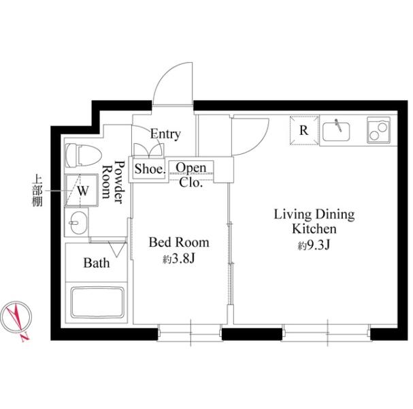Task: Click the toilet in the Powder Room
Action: click(x=83, y=155)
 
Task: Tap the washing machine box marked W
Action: click(x=82, y=190)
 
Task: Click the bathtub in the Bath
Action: click(x=97, y=303)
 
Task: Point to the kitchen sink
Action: click(x=336, y=131)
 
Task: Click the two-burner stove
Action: click(x=378, y=130)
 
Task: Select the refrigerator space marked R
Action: click(x=304, y=130)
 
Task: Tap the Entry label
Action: click(x=165, y=134)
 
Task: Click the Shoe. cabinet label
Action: click(x=150, y=169)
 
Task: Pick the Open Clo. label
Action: click(x=191, y=175)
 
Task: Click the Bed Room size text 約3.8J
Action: click(x=178, y=259)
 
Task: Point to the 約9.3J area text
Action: click(x=314, y=245)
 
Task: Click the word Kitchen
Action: click(x=314, y=229)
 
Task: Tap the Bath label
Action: click(x=97, y=263)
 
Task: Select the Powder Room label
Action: click(x=113, y=182)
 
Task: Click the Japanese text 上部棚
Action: click(x=37, y=190)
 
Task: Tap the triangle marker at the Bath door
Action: click(x=116, y=249)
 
